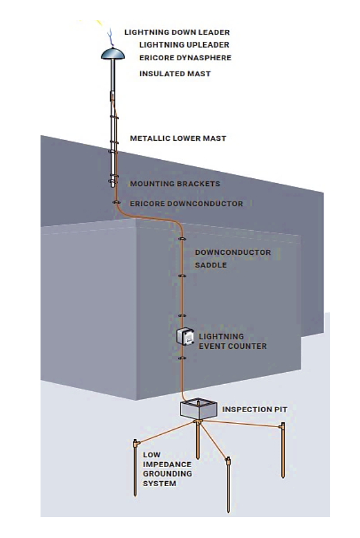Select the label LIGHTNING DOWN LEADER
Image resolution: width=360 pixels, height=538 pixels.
coord(176,32)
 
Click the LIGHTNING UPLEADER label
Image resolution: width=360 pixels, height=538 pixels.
coord(184,45)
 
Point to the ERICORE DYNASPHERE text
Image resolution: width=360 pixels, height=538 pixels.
coord(185,58)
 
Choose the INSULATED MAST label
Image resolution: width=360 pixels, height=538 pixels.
coord(175,74)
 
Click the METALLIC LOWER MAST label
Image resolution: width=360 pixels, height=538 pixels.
coord(178,138)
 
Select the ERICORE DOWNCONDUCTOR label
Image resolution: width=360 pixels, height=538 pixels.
coord(187,203)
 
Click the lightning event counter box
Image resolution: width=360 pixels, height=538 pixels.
coord(185,338)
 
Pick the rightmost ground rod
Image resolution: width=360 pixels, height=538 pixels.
coord(283,450)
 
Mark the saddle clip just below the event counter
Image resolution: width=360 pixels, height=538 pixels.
coord(183,358)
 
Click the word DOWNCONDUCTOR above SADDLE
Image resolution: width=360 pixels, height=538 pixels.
coord(233,252)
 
